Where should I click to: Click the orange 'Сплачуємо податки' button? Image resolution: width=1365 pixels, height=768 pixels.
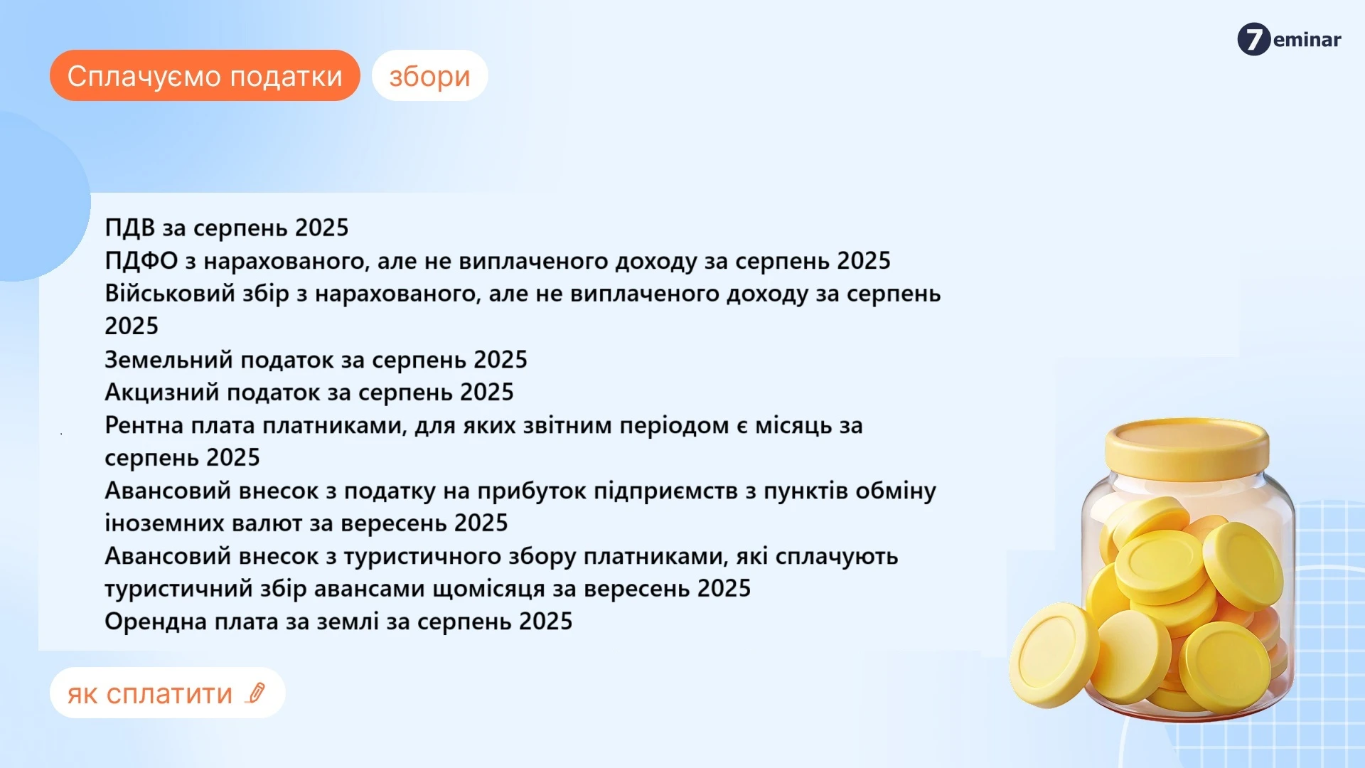click(x=205, y=75)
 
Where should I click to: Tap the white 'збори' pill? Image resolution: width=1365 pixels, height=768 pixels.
click(x=429, y=75)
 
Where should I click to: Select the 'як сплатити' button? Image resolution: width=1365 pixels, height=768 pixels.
click(x=167, y=693)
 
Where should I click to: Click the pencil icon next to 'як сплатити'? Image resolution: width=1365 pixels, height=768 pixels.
click(x=255, y=693)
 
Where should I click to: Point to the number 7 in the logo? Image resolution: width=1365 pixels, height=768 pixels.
click(x=1254, y=39)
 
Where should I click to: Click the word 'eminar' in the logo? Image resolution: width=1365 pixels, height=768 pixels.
click(x=1307, y=40)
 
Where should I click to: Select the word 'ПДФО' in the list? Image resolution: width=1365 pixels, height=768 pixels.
click(x=141, y=261)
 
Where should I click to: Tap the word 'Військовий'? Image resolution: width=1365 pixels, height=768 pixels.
click(x=169, y=294)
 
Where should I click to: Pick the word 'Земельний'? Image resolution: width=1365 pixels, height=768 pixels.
click(x=168, y=360)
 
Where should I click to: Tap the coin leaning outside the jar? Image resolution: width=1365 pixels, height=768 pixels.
click(x=1054, y=655)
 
